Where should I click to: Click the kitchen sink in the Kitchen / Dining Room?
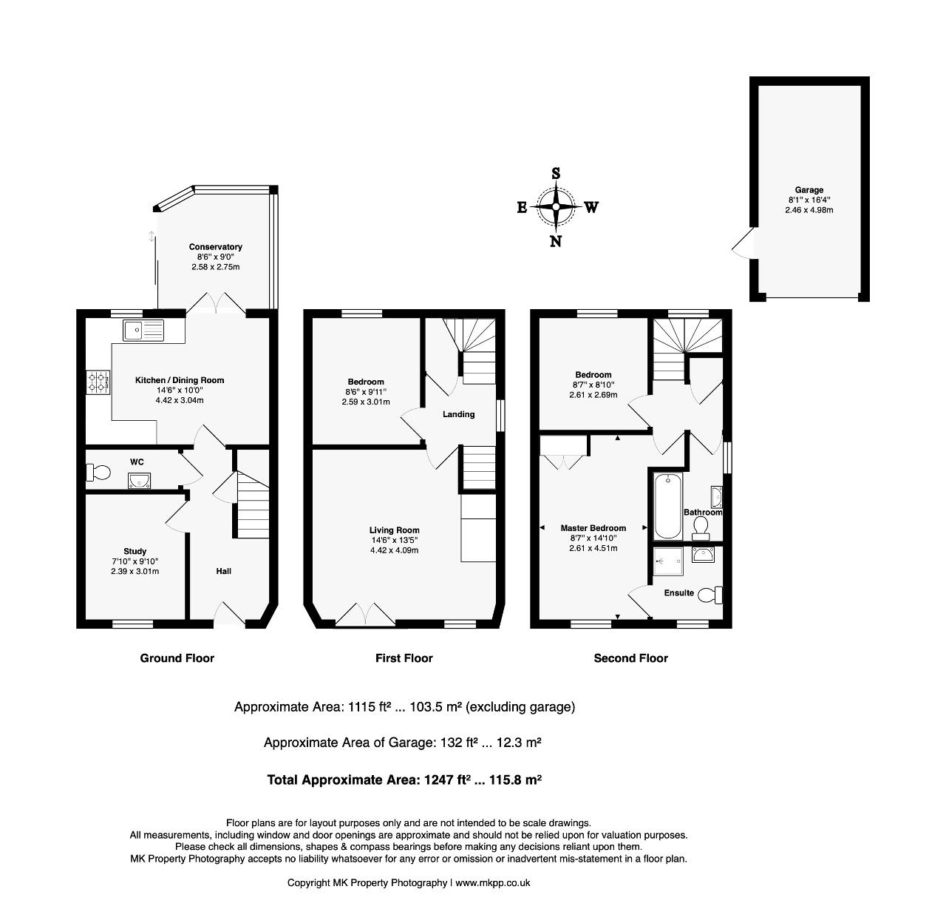click(143, 331)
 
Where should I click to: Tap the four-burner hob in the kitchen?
click(98, 382)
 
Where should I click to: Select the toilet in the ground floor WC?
click(98, 472)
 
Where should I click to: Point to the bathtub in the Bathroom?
click(668, 507)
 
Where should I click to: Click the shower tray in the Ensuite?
click(668, 561)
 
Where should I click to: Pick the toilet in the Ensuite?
click(710, 595)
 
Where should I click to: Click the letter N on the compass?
click(555, 241)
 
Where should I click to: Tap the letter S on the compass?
click(556, 173)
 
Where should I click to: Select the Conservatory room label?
click(215, 247)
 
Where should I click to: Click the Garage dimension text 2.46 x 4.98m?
click(809, 210)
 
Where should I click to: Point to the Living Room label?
click(394, 530)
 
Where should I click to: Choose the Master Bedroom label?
click(593, 528)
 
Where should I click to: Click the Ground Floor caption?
click(177, 658)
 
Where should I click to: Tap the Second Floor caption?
click(631, 658)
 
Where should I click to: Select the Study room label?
click(135, 551)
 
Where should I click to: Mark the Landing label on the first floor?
click(458, 415)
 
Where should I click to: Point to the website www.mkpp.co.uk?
click(492, 882)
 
